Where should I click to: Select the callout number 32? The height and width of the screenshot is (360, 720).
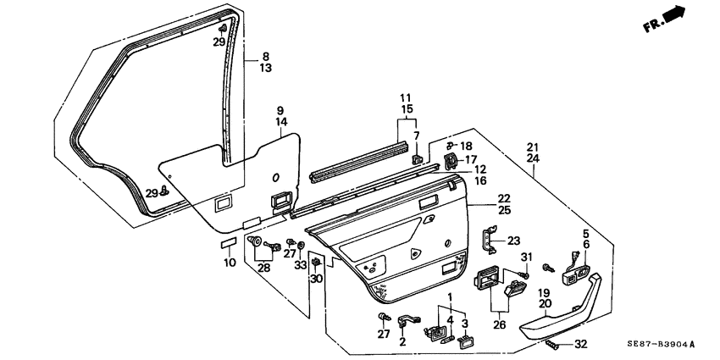pyautogui.click(x=579, y=345)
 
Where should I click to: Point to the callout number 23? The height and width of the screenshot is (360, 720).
pyautogui.click(x=514, y=240)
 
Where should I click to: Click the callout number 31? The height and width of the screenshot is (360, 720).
pyautogui.click(x=524, y=258)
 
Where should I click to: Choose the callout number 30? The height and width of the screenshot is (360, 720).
pyautogui.click(x=316, y=279)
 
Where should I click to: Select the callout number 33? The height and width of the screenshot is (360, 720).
pyautogui.click(x=301, y=265)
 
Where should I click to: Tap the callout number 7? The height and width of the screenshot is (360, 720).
pyautogui.click(x=416, y=136)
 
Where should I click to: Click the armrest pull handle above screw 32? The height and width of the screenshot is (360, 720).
pyautogui.click(x=560, y=313)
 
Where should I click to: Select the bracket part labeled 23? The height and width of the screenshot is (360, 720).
pyautogui.click(x=489, y=239)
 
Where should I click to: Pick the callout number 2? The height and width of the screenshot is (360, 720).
pyautogui.click(x=403, y=342)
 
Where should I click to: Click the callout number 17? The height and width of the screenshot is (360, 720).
pyautogui.click(x=471, y=159)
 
